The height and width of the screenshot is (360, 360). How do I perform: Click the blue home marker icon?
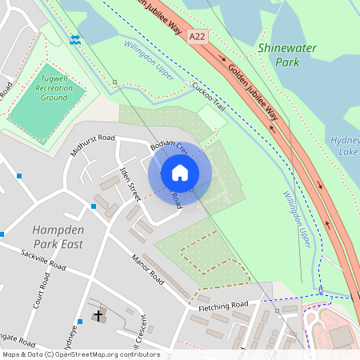180,173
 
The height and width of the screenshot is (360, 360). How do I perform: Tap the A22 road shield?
197,38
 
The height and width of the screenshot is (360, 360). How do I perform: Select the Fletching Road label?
223,306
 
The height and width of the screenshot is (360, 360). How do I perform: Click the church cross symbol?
98,315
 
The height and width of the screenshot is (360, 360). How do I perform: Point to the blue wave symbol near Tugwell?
75,40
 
